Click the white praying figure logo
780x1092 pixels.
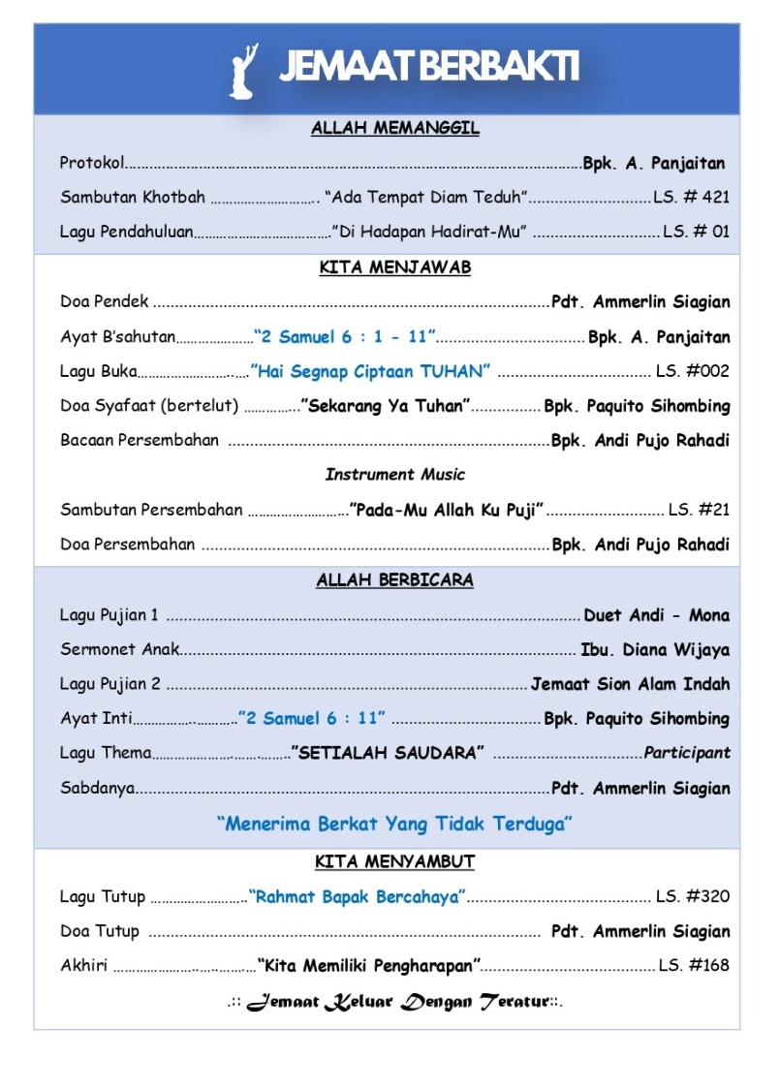pyautogui.click(x=245, y=71)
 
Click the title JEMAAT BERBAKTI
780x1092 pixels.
pyautogui.click(x=429, y=68)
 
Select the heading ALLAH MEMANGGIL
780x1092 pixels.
pyautogui.click(x=395, y=128)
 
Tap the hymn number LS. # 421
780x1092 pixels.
pyautogui.click(x=691, y=198)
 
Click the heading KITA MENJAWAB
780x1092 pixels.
pyautogui.click(x=395, y=268)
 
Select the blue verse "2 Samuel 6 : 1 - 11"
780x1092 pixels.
pyautogui.click(x=345, y=337)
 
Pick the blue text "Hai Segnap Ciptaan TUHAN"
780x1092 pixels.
pyautogui.click(x=371, y=371)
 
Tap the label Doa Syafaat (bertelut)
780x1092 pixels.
pyautogui.click(x=149, y=406)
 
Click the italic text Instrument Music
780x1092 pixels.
pyautogui.click(x=395, y=475)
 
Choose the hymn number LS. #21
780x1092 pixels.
pyautogui.click(x=699, y=510)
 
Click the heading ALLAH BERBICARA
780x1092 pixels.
pyautogui.click(x=395, y=580)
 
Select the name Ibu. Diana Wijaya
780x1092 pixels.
pyautogui.click(x=655, y=650)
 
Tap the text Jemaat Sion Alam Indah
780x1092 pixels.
pyautogui.click(x=631, y=684)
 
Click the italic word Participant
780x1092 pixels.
pyautogui.click(x=687, y=753)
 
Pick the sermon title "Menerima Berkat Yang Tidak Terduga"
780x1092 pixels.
pyautogui.click(x=395, y=825)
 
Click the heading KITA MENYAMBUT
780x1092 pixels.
pyautogui.click(x=395, y=861)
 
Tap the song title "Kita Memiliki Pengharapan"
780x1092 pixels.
pyautogui.click(x=370, y=966)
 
